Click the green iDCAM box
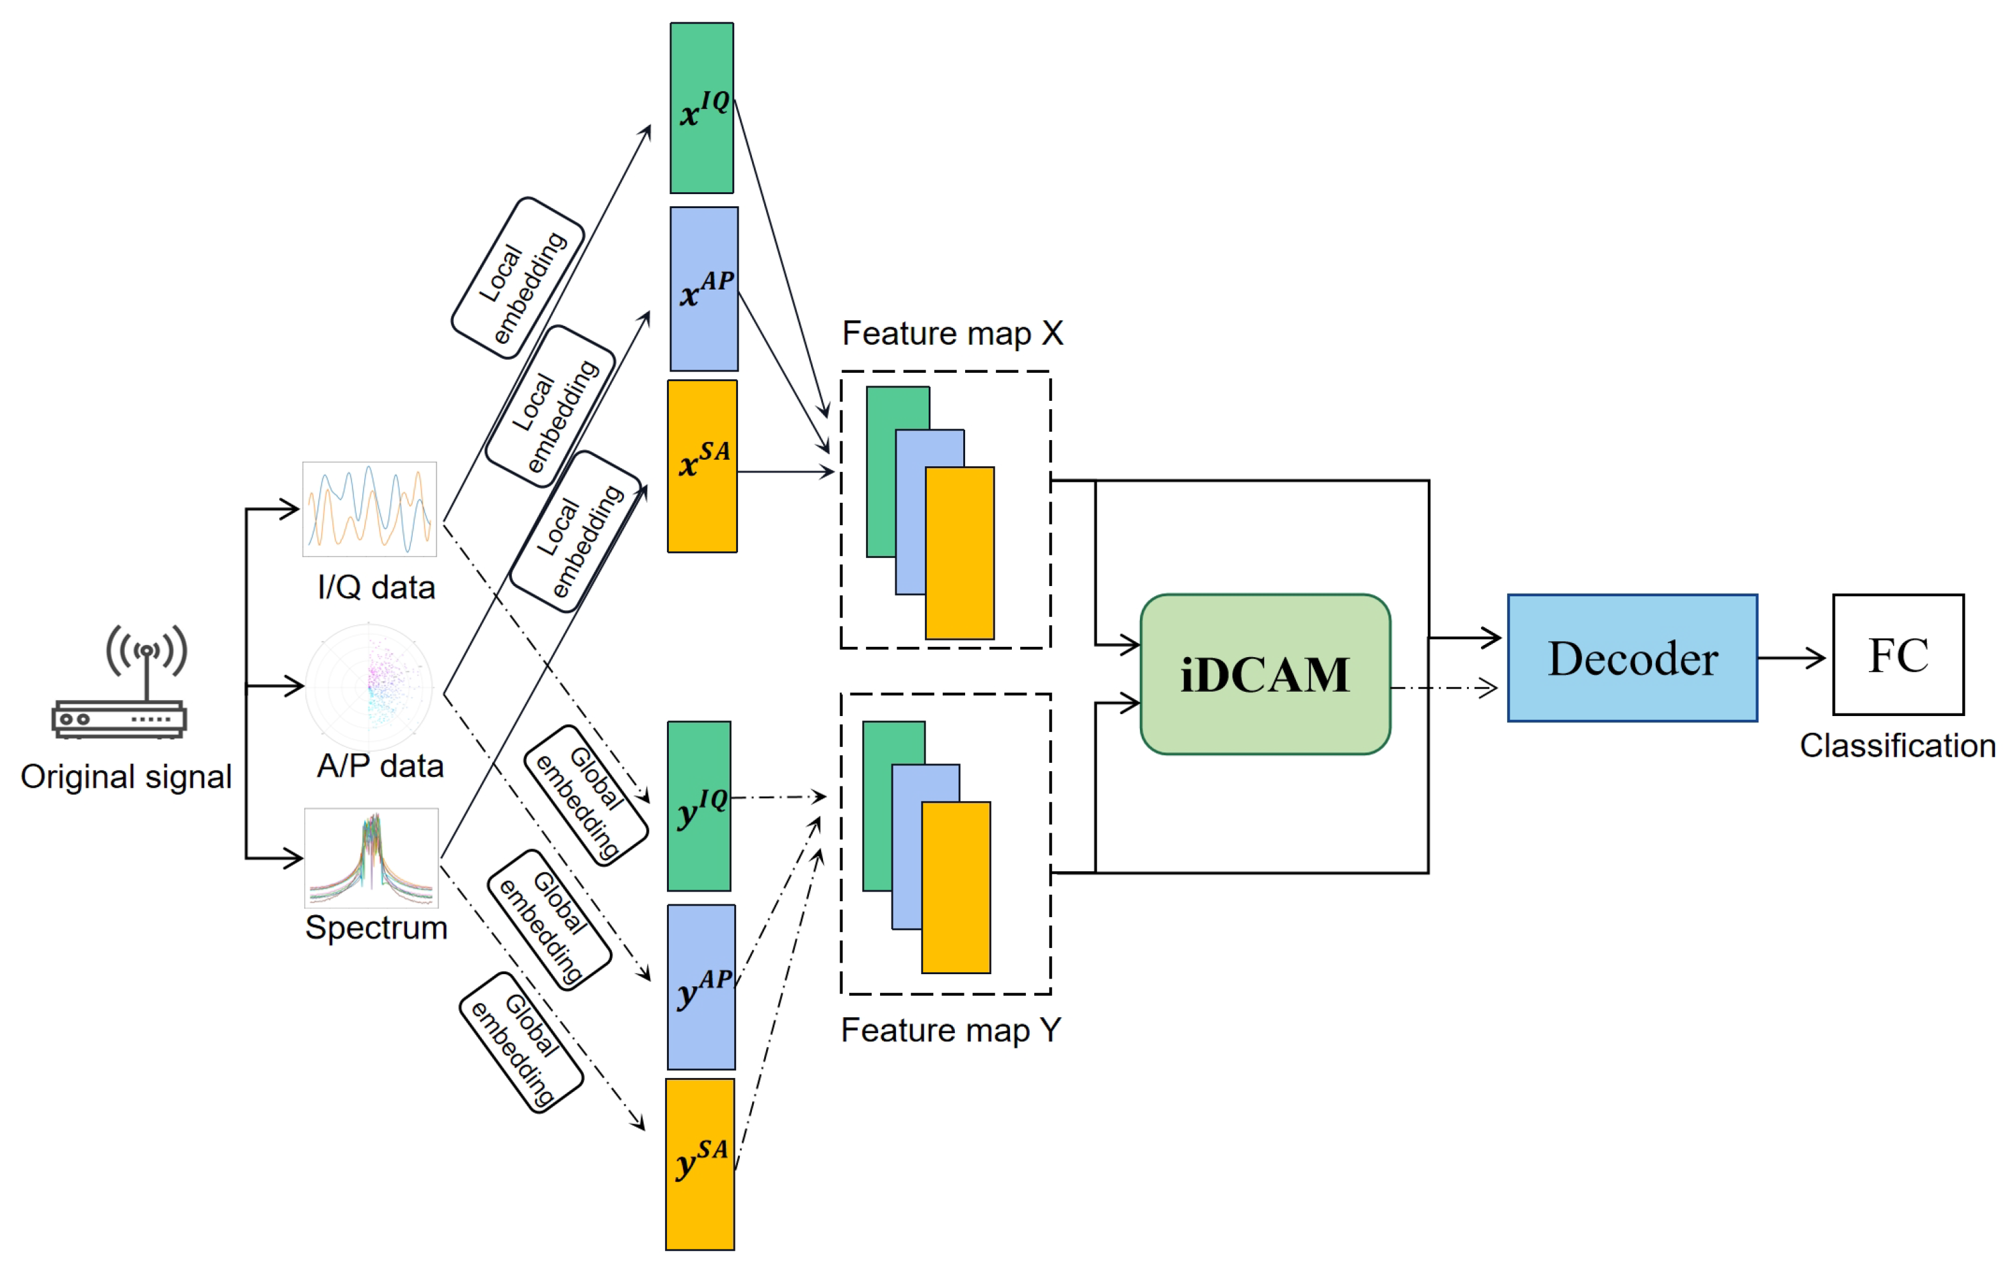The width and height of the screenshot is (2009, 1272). point(1265,674)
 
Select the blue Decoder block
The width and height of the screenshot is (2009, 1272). point(1632,658)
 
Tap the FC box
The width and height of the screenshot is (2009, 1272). point(1898,655)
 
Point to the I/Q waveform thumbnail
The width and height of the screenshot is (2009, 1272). point(369,509)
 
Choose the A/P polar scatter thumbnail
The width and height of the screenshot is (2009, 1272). point(369,686)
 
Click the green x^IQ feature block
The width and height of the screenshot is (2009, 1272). point(701,108)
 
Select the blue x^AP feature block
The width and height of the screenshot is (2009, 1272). point(704,289)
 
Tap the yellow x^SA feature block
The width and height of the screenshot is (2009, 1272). point(703,466)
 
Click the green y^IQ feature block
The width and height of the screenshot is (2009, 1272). point(699,806)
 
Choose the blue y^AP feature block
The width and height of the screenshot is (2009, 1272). point(701,986)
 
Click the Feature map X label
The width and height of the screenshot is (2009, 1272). point(952,334)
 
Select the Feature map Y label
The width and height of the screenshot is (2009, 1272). point(950,1030)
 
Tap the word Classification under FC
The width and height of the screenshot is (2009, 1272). point(1897,746)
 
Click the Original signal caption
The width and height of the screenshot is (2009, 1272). point(126,777)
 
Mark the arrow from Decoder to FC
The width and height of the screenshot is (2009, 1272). point(1792,658)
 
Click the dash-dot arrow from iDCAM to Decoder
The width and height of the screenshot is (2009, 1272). point(1443,689)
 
